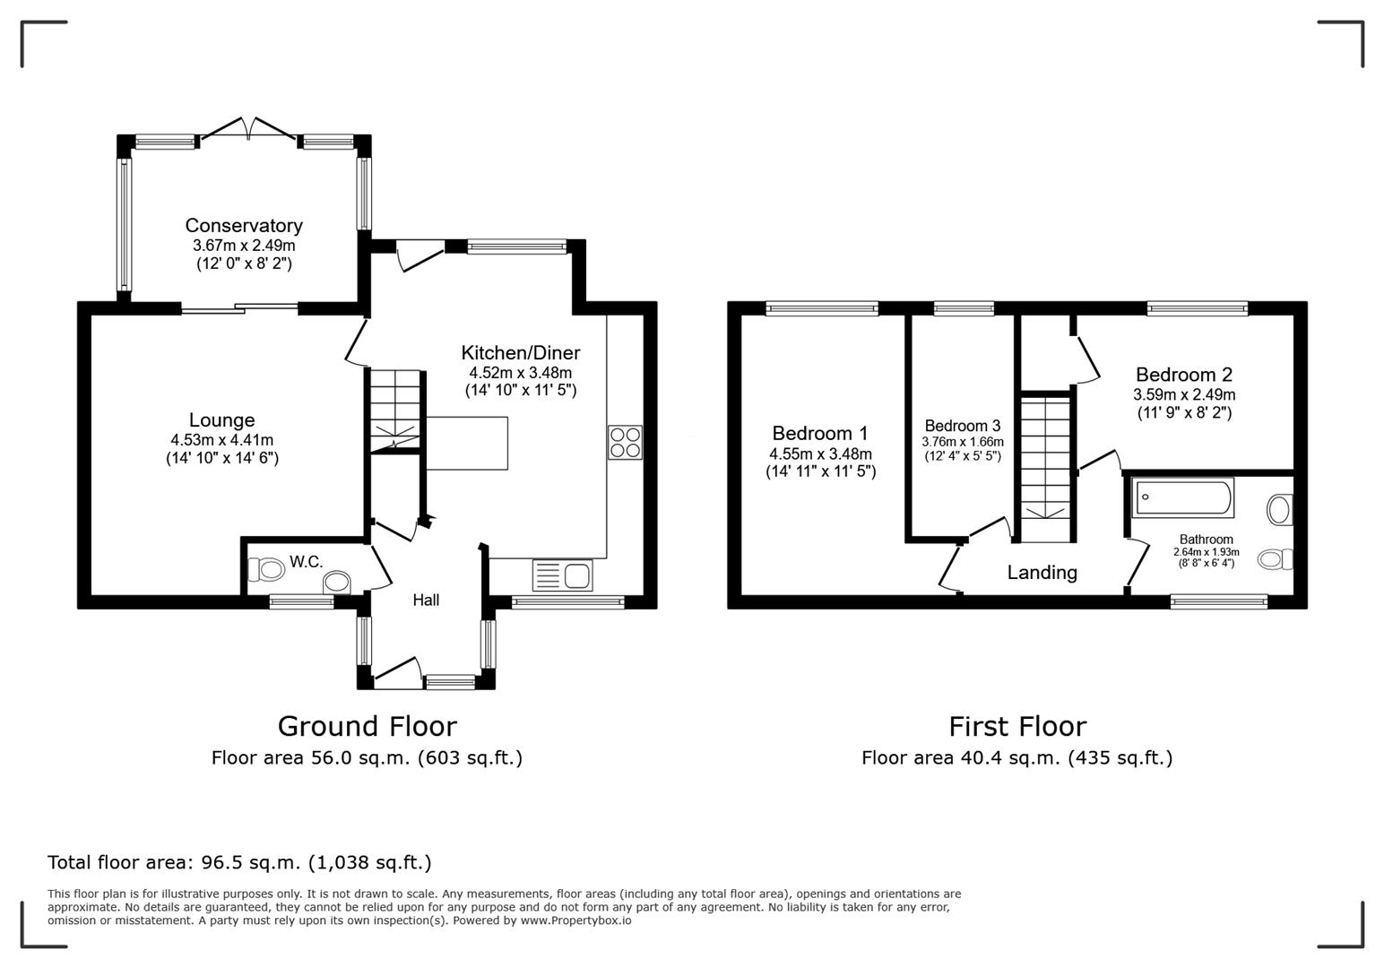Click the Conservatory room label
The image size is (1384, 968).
click(244, 226)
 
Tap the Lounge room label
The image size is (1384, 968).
click(221, 420)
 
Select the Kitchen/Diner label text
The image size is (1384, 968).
click(520, 353)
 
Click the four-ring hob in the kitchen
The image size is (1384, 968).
click(625, 442)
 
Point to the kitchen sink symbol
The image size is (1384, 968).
click(562, 575)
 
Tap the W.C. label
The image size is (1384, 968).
click(306, 563)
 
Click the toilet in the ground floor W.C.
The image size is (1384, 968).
click(266, 569)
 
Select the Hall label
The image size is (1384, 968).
click(426, 601)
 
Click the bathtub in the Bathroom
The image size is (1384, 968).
click(1183, 497)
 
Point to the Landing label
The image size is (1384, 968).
click(1042, 573)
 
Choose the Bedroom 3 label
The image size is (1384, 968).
click(963, 426)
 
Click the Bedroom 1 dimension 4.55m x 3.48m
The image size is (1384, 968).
click(820, 454)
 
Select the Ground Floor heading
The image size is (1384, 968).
click(367, 726)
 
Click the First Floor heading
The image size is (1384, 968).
click(1017, 726)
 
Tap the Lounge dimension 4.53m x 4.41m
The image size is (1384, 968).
click(221, 440)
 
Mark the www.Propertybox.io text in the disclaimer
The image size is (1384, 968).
click(575, 920)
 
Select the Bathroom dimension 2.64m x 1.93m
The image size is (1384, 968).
click(1206, 552)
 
